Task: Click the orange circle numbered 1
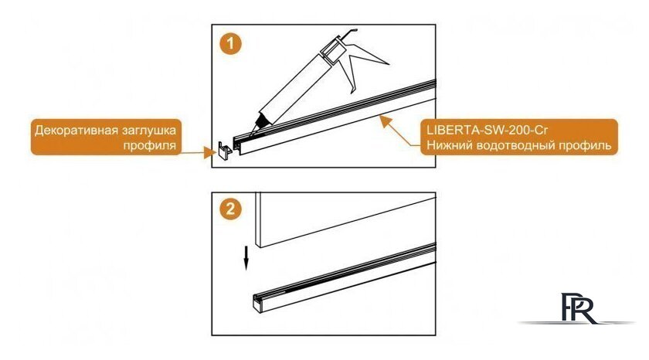230,44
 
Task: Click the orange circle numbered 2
230,209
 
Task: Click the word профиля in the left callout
149,146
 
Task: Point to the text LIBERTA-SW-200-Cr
488,131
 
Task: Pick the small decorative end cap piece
225,150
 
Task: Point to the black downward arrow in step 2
246,258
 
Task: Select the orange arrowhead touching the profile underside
386,121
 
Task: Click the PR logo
576,309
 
